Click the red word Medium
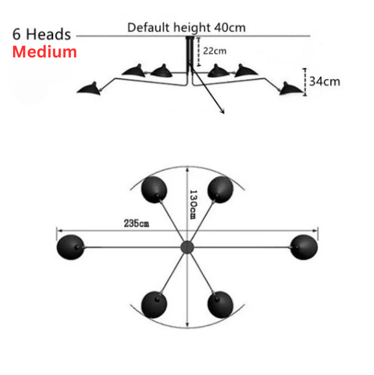pos(45,52)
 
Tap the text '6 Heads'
pos(41,34)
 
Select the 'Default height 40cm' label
pos(186,27)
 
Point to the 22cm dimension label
pos(215,50)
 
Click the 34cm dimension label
pos(324,81)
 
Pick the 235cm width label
pos(136,224)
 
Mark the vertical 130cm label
pos(193,207)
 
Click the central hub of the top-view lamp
pos(186,247)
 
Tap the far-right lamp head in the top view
pos(303,246)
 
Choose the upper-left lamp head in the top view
pos(153,190)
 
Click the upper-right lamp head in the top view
pos(219,190)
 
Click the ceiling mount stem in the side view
pos(189,53)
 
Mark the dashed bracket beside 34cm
pos(304,78)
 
